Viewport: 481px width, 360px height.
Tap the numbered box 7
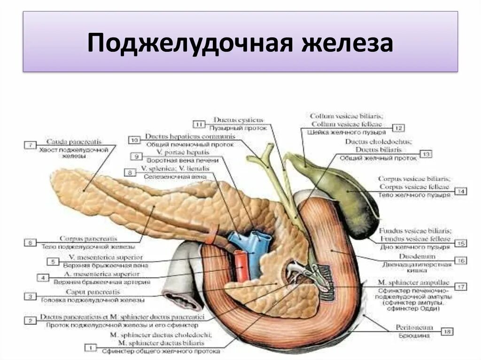click(30, 146)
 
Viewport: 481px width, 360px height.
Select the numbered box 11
click(199, 124)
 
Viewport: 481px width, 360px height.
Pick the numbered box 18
click(447, 332)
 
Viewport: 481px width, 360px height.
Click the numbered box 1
click(90, 347)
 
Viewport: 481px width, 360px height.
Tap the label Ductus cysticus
click(238, 120)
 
